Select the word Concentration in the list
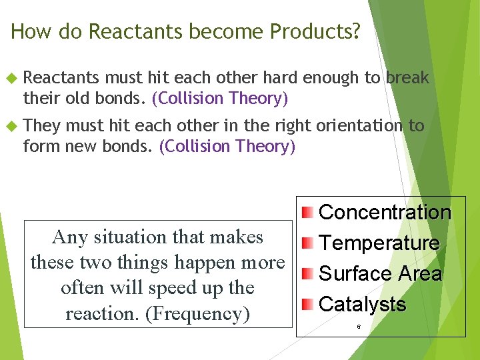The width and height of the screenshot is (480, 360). coord(385,213)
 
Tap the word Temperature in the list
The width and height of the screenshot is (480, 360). coord(379,243)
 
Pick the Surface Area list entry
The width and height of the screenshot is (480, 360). coord(380,274)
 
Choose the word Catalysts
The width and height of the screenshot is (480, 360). coord(362,305)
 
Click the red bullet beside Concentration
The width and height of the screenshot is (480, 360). coord(306,213)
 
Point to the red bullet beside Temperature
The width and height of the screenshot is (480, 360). coord(306,243)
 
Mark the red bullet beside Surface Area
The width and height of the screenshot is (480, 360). coord(306,274)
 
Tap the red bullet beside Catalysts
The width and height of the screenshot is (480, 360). coord(306,305)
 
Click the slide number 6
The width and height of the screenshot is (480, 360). coord(359,327)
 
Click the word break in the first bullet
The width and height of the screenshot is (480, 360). coord(406,78)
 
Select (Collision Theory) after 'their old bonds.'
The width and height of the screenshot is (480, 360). coord(220,99)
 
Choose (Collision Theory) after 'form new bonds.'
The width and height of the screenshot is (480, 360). coord(227,147)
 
